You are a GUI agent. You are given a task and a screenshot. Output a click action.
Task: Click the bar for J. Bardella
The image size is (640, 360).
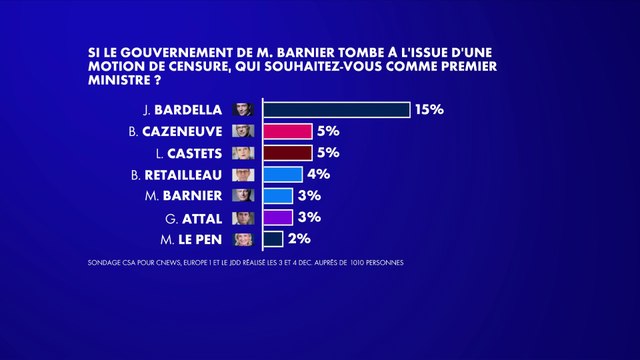pyautogui.click(x=336, y=110)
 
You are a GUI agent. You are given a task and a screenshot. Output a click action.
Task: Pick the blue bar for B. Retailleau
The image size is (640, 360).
pyautogui.click(x=282, y=174)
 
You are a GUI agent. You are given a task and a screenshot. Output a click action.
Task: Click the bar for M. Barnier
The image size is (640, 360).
pyautogui.click(x=277, y=196)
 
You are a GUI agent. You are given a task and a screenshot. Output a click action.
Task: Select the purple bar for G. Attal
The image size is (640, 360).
pyautogui.click(x=277, y=217)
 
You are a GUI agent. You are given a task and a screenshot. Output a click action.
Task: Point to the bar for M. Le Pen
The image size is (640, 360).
pyautogui.click(x=272, y=239)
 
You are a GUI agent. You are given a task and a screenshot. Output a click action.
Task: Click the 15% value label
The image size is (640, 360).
pyautogui.click(x=430, y=110)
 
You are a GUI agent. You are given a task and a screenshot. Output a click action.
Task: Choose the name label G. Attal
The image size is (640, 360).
pyautogui.click(x=200, y=217)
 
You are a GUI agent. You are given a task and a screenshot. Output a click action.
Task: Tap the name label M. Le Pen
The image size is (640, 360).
pyautogui.click(x=195, y=239)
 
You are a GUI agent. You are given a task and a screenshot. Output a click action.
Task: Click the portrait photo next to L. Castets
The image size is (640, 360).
pyautogui.click(x=242, y=153)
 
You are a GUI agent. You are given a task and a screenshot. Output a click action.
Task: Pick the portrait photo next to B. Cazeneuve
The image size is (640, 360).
pyautogui.click(x=242, y=131)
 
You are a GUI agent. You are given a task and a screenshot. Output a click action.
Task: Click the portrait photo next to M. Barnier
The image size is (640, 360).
pyautogui.click(x=242, y=196)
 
